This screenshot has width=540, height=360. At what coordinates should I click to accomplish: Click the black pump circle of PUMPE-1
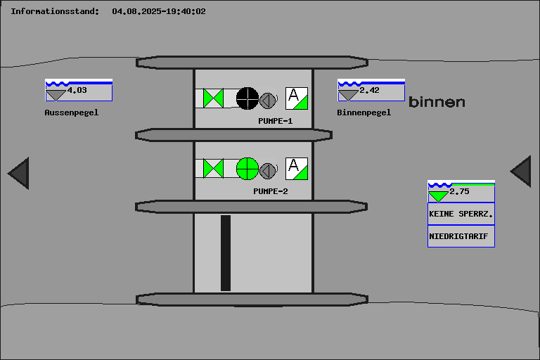(x=247, y=98)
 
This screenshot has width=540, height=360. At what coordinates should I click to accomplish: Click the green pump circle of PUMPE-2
(x=247, y=169)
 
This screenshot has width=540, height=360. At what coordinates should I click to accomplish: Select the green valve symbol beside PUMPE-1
(x=213, y=98)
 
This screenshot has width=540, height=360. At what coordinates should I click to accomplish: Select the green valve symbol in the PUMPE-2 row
(x=213, y=169)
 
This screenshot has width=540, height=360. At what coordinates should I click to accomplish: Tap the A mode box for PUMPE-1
(x=297, y=98)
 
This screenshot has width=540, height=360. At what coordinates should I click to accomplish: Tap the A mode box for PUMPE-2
(x=297, y=169)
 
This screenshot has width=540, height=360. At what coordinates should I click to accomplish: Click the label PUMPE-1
(x=275, y=121)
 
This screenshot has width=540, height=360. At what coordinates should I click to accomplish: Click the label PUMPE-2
(x=271, y=191)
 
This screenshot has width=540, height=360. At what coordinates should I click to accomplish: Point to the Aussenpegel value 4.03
(x=77, y=91)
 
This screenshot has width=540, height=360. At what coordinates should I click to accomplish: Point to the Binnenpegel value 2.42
(x=370, y=91)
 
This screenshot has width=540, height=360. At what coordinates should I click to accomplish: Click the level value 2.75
(x=459, y=191)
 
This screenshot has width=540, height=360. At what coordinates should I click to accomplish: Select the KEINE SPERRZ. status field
(x=461, y=214)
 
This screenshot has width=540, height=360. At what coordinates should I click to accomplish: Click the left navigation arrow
(x=19, y=173)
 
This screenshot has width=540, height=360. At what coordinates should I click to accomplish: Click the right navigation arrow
(x=521, y=172)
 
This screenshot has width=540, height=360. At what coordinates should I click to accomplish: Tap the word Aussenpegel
(x=71, y=112)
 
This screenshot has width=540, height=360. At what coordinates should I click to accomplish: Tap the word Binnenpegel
(x=364, y=112)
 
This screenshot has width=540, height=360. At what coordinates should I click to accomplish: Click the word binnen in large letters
(x=437, y=103)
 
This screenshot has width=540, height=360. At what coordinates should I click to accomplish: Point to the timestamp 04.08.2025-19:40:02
(x=159, y=11)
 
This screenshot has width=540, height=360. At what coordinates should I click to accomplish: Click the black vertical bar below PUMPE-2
(x=226, y=253)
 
